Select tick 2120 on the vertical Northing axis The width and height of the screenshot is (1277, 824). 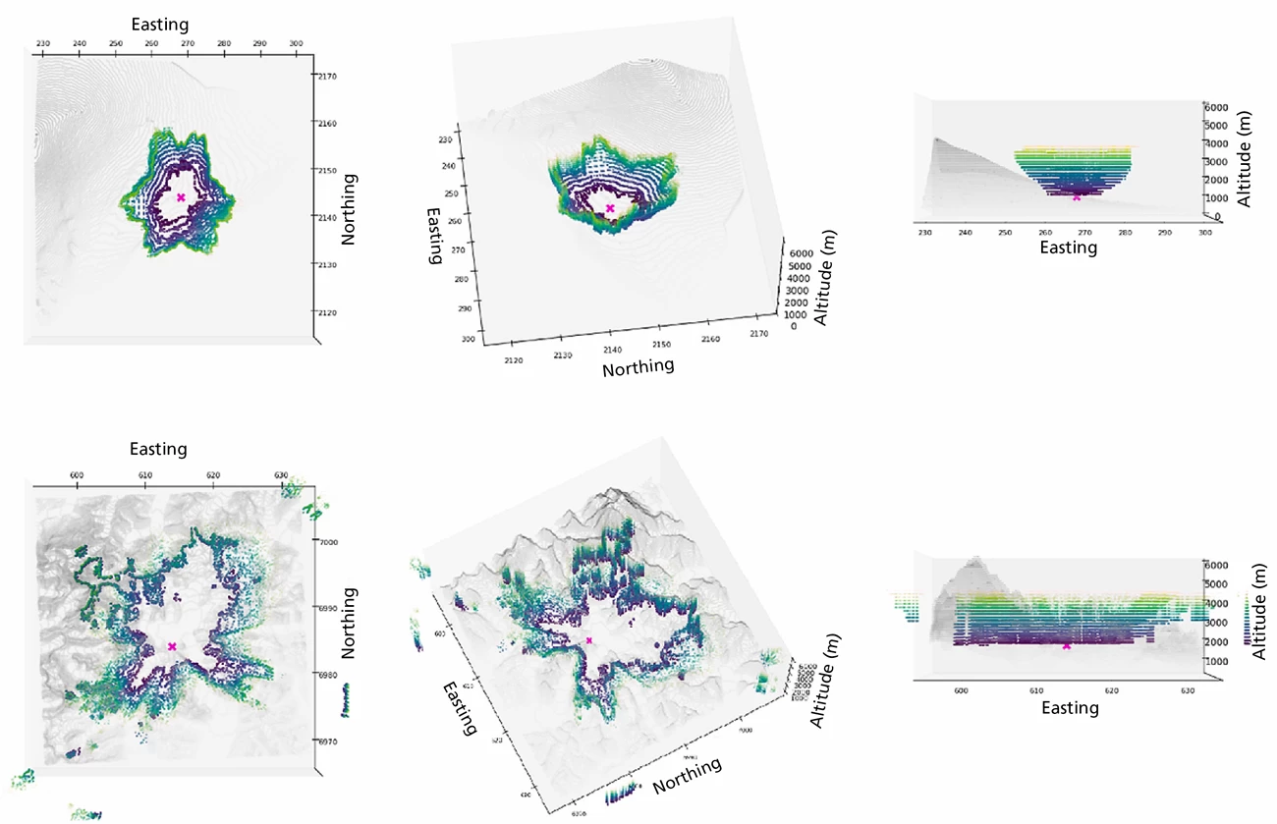(x=327, y=312)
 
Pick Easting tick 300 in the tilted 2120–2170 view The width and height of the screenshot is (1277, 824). (x=468, y=340)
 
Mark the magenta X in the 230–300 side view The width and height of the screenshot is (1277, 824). (x=1078, y=196)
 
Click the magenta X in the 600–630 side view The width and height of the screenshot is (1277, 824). (x=1067, y=645)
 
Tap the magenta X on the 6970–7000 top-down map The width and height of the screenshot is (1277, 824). (x=172, y=646)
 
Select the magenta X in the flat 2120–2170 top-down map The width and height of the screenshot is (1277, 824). (x=181, y=197)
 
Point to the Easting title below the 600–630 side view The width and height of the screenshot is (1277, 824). (x=1070, y=707)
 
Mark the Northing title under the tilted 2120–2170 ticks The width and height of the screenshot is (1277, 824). (x=638, y=367)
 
